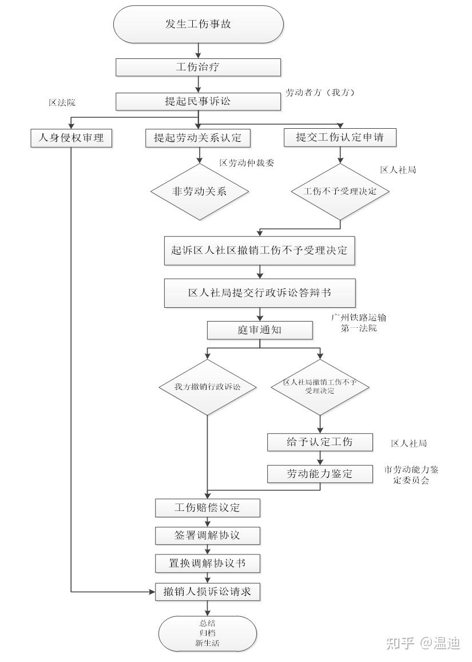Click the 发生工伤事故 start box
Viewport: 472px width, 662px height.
[x=199, y=24]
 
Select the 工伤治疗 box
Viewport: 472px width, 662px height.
[x=199, y=67]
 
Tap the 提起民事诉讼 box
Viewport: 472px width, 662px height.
[x=199, y=101]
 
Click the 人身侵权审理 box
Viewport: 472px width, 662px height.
[x=70, y=137]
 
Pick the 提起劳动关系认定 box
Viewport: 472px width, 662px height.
[x=198, y=137]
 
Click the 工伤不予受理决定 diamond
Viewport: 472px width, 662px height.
[x=340, y=191]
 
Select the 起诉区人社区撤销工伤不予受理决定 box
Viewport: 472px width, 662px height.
[x=260, y=251]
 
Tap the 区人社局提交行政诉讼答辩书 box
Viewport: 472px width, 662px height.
[x=260, y=293]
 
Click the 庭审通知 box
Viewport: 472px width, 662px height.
[x=260, y=330]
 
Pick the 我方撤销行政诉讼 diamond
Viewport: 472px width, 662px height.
[x=207, y=387]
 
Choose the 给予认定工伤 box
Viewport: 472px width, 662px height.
[x=320, y=442]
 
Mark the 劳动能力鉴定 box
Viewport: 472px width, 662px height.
[x=320, y=473]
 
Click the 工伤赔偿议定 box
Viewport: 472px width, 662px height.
[x=208, y=507]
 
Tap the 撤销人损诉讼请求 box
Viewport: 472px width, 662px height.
[x=208, y=592]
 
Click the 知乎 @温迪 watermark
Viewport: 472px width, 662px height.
[x=423, y=643]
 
